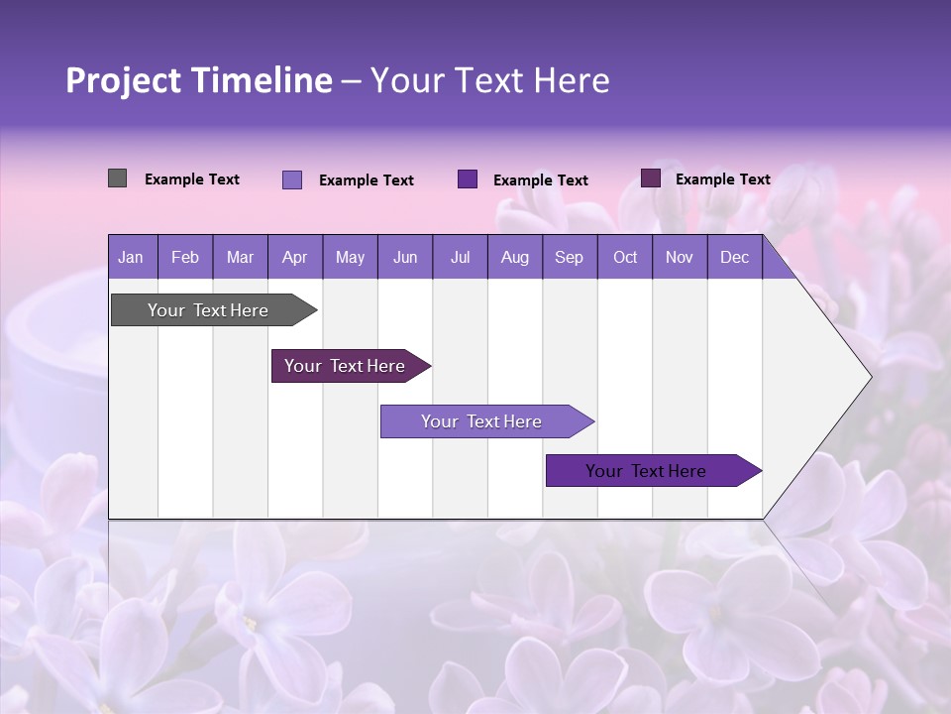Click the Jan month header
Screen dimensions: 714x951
pos(132,257)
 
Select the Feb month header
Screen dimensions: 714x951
pos(185,257)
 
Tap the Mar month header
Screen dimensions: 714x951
pos(240,257)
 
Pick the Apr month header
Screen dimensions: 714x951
pos(295,257)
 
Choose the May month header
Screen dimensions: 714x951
pos(350,257)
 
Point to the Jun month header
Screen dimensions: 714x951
pos(405,257)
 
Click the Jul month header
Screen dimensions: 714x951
pos(460,257)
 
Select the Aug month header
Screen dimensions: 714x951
pos(515,257)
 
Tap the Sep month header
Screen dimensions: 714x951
pos(570,257)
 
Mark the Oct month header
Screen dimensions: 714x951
pos(625,257)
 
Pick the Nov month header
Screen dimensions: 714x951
pos(680,257)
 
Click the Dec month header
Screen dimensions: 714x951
pos(735,257)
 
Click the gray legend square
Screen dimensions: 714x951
pos(117,178)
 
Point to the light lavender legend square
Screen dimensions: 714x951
pos(292,179)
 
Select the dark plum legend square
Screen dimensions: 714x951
pos(651,178)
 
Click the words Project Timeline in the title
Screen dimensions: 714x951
pos(198,80)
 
